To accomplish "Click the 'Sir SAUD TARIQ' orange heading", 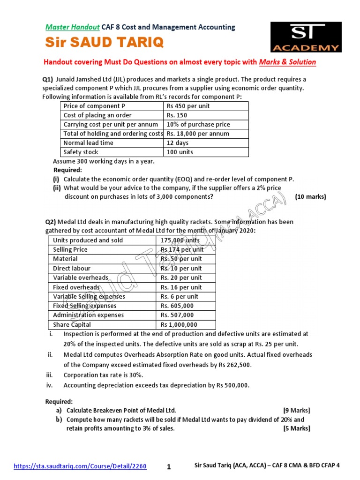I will click(104, 43).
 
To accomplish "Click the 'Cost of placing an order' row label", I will click(97, 115).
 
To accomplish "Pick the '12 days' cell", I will click(177, 143).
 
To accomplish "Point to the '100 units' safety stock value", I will click(180, 152).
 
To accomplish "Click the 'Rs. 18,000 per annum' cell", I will click(198, 134).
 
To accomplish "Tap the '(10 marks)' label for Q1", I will click(310, 197).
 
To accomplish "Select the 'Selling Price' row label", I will click(70, 249).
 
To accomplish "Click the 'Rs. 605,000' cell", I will click(177, 306).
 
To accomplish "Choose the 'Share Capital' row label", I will click(72, 324).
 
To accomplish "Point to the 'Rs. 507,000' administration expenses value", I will click(177, 315).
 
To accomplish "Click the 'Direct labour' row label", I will click(72, 268).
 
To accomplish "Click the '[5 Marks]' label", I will click(296, 428).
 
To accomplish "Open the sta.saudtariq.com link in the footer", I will click(80, 466).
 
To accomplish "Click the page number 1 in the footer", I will click(169, 466).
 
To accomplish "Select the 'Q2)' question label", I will click(51, 222).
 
